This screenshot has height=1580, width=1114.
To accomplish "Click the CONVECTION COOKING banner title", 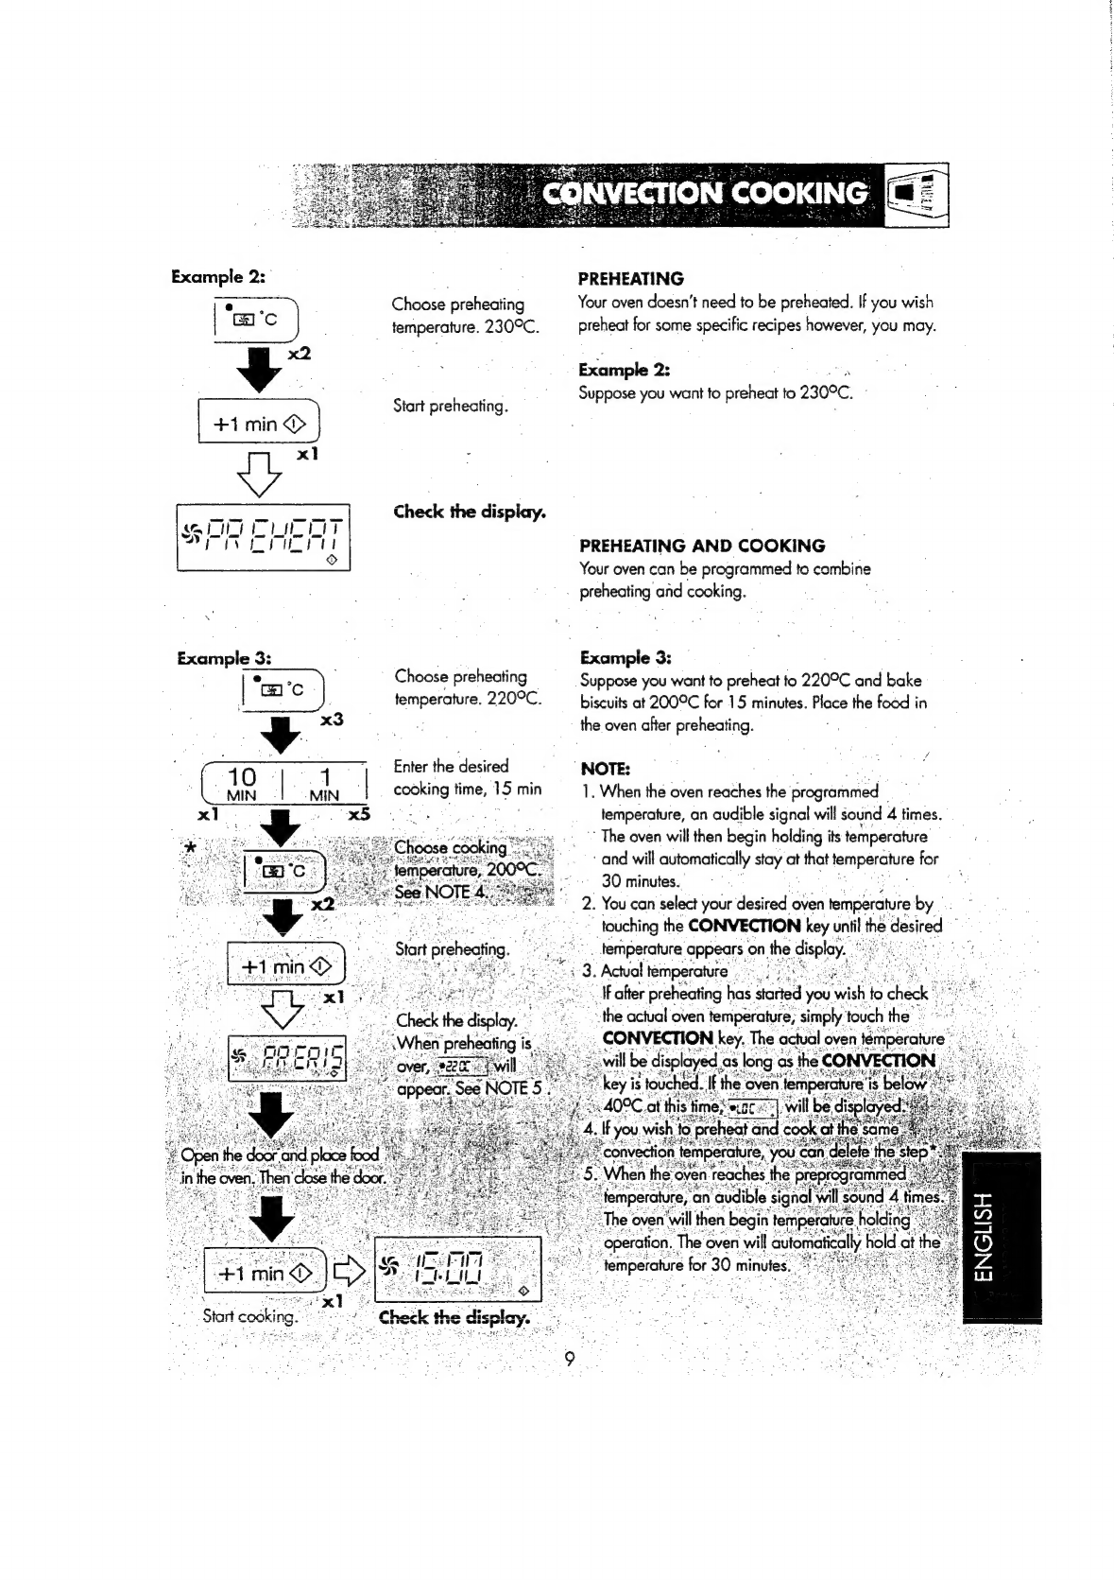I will pos(705,194).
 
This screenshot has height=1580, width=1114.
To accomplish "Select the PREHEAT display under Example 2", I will pos(264,540).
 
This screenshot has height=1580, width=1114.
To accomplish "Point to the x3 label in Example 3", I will pos(332,720).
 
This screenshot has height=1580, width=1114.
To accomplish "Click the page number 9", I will pos(569,1360).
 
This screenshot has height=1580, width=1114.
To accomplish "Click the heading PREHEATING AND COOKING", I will pos(702,546).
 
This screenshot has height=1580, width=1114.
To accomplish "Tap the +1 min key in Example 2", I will pos(259,424).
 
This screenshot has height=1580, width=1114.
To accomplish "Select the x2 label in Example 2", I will pos(300,354).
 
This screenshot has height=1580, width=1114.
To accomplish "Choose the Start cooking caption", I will pos(250,1316).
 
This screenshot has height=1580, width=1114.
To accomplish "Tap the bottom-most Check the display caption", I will pos(454,1318).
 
